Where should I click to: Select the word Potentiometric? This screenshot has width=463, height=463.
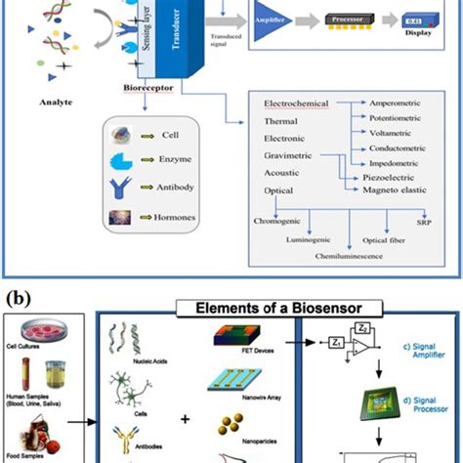pos(401,121)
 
